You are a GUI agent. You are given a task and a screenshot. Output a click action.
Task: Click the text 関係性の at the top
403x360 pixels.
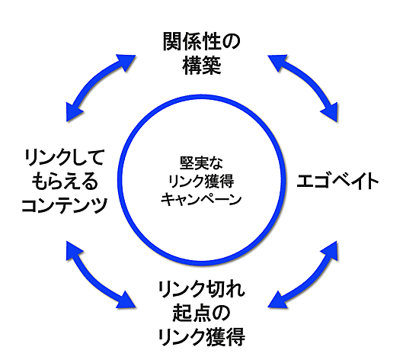pos(201,40)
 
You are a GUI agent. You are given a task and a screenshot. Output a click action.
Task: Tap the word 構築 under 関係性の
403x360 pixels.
pos(201,66)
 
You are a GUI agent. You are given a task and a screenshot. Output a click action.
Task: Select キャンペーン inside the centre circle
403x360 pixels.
pos(201,200)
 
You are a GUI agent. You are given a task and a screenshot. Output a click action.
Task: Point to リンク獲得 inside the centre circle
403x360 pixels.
pos(201,182)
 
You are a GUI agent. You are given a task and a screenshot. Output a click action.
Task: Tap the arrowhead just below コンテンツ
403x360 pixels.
pos(72,248)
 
